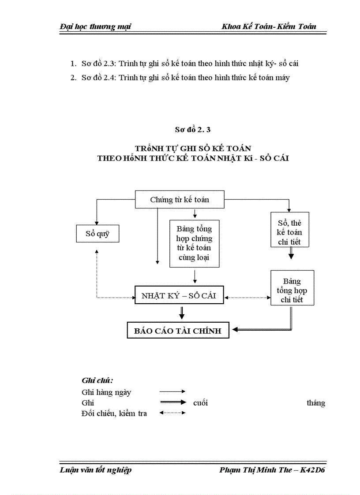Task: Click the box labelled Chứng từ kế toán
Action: click(x=179, y=200)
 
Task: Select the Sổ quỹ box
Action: click(x=97, y=234)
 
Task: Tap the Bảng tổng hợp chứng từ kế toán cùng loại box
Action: click(x=194, y=243)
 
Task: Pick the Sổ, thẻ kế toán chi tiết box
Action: click(x=290, y=229)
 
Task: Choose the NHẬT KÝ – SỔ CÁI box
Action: click(x=179, y=296)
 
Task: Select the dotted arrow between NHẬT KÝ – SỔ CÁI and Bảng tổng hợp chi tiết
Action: click(x=247, y=298)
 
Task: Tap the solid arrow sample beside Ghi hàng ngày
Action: click(x=172, y=391)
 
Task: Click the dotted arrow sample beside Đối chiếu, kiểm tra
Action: click(x=172, y=413)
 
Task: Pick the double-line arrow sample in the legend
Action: click(x=172, y=402)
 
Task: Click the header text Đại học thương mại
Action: click(x=95, y=26)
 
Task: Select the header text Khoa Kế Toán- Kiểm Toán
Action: click(x=269, y=26)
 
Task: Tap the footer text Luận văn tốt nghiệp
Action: click(x=95, y=470)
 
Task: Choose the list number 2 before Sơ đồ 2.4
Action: click(x=73, y=78)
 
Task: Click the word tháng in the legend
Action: click(x=316, y=402)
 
